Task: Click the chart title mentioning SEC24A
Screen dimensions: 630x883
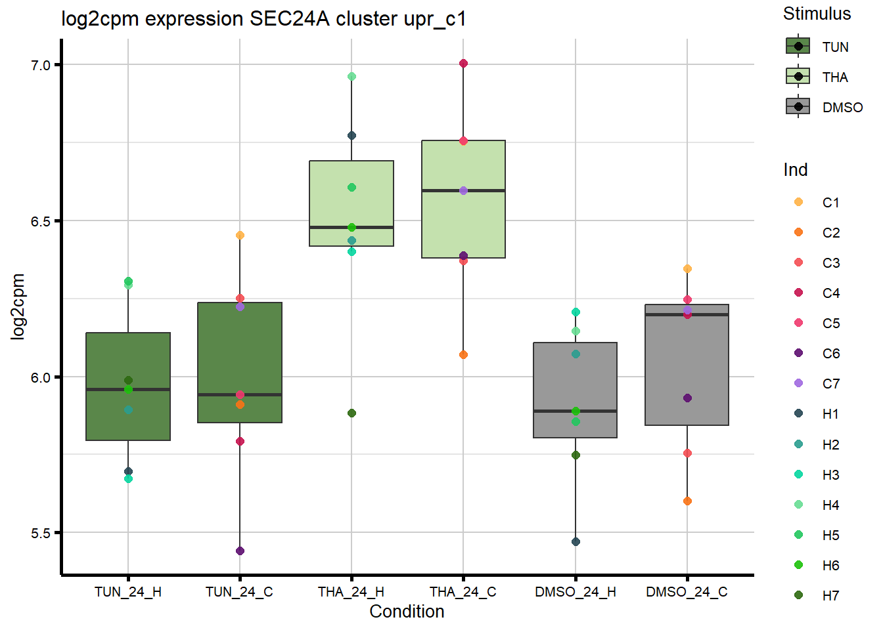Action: (x=263, y=19)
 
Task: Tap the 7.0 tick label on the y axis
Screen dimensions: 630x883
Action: (x=41, y=65)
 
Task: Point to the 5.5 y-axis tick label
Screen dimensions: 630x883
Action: (x=41, y=533)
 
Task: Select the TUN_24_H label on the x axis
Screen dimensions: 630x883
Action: (x=128, y=592)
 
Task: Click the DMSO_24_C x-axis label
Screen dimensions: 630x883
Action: (x=687, y=592)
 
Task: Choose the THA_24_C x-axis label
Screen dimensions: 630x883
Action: (x=463, y=592)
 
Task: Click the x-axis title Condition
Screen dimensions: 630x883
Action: (x=407, y=612)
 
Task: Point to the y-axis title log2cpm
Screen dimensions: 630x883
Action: (x=18, y=306)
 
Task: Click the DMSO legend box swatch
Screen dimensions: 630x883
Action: (x=798, y=106)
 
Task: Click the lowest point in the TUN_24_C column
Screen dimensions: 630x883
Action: (x=240, y=551)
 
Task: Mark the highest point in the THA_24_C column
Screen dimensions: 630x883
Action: (x=463, y=64)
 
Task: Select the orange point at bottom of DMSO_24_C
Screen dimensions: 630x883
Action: (x=687, y=501)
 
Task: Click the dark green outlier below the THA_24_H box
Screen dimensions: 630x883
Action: (x=351, y=413)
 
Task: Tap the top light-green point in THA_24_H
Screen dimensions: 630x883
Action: (x=351, y=77)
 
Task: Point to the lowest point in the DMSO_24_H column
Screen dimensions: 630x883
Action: (x=576, y=542)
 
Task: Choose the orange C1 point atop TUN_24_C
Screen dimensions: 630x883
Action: (x=240, y=235)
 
